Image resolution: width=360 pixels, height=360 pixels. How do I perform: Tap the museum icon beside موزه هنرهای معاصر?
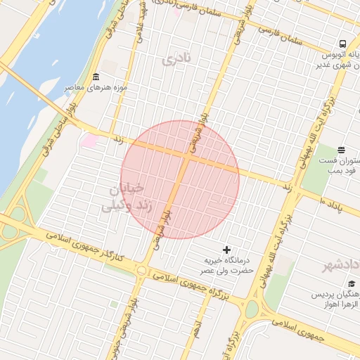[x=96, y=77]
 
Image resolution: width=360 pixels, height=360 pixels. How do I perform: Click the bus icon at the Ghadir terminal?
[x=342, y=43]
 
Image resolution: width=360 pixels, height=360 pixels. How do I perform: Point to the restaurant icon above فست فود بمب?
[x=341, y=150]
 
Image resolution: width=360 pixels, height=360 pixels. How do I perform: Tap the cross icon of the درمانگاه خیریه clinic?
[x=226, y=249]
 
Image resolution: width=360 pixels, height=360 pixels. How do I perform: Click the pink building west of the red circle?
[x=91, y=141]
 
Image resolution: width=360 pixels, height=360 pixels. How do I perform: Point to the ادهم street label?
[x=198, y=328]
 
